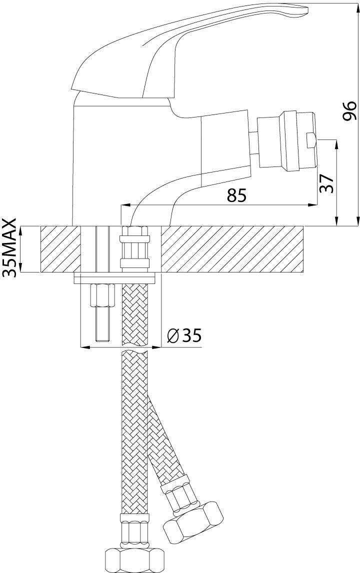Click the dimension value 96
pyautogui.click(x=350, y=111)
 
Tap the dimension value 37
pyautogui.click(x=326, y=183)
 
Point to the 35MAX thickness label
pyautogui.click(x=9, y=248)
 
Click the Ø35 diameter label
pyautogui.click(x=184, y=335)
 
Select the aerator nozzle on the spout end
pyautogui.click(x=286, y=141)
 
